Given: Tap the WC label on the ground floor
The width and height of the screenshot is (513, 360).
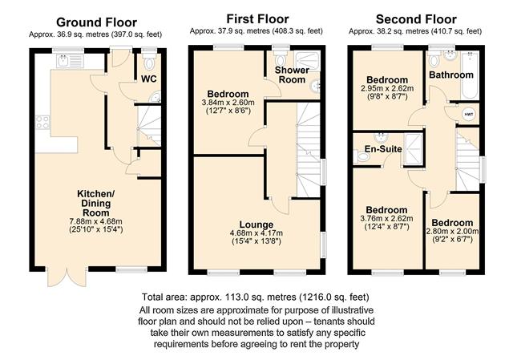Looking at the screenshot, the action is pos(149,79).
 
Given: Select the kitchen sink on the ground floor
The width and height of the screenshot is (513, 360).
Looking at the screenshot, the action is pos(70,61).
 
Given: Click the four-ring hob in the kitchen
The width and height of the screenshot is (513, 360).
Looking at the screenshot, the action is pos(42,123).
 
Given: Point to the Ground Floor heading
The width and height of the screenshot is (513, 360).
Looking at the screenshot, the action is pos(96,22).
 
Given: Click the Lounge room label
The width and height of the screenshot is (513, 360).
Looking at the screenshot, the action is pos(256,224).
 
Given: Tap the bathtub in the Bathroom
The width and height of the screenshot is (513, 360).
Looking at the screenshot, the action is pos(470,75).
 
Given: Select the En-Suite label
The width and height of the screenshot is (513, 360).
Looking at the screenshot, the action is pos(383,149).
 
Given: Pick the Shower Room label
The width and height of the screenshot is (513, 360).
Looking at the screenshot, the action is pos(292,75).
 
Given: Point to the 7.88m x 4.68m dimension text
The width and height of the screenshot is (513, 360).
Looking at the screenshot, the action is pos(96,221).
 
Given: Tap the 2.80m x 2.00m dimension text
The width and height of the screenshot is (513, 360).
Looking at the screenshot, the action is pos(452,232).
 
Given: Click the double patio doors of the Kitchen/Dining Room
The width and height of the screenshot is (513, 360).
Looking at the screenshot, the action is pos(67,277).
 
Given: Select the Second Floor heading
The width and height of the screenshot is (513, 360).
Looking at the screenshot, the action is pos(416,19).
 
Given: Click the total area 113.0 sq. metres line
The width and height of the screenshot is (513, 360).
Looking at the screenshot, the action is pos(256,297).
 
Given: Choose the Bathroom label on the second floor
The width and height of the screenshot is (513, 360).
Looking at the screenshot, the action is pos(451,75).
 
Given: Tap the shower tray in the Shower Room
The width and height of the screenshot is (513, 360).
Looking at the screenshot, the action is pos(307,61).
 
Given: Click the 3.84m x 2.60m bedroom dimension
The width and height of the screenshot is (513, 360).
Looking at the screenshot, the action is pos(228,103).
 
